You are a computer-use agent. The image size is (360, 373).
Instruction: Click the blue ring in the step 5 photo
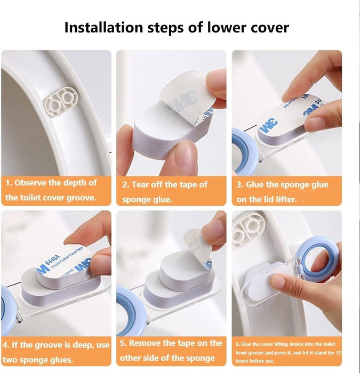pyautogui.click(x=130, y=305)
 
